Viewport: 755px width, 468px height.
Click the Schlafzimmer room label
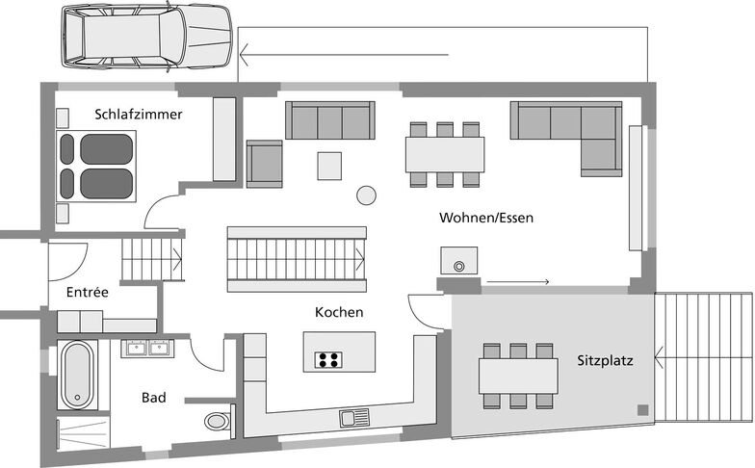pos(139,115)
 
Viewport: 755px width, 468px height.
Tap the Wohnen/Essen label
pos(486,218)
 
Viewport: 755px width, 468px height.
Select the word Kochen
pos(339,312)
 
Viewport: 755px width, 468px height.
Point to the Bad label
pos(154,398)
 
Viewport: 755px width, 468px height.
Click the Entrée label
pos(87,292)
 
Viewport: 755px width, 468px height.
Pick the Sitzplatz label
pos(605,360)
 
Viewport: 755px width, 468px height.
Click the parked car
pos(146,37)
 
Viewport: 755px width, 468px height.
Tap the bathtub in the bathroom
pos(77,374)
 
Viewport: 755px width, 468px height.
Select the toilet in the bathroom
pos(220,422)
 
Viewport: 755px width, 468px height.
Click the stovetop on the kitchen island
pos(329,360)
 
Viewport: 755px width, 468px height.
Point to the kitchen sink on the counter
pos(354,418)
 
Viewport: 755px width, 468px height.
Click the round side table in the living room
pos(366,195)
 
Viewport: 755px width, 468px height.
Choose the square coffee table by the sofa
pos(329,166)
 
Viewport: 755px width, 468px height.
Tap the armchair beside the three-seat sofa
pos(264,164)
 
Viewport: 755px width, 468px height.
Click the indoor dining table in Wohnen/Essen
pos(445,154)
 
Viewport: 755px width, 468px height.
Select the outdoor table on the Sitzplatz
pos(518,376)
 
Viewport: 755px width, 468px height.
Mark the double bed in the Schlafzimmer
pos(96,166)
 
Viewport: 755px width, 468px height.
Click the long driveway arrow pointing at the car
pos(345,54)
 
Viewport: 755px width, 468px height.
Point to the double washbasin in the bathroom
pos(148,349)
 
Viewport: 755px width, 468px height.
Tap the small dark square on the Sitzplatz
pos(643,410)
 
